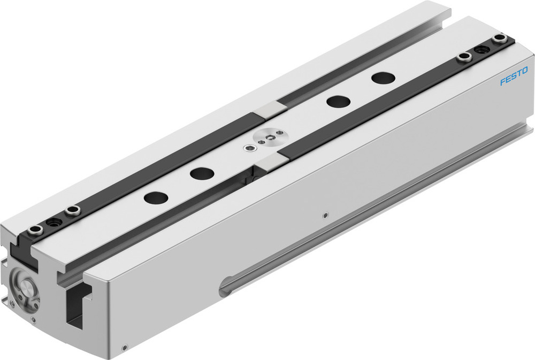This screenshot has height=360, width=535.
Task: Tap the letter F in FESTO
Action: coord(502,83)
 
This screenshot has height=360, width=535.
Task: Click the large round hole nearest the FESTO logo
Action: coord(383,78)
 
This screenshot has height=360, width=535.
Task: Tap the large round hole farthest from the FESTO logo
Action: coord(156,197)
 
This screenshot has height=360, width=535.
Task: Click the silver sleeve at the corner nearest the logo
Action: coord(500,39)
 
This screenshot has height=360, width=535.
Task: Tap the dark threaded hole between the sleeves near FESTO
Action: coord(481,48)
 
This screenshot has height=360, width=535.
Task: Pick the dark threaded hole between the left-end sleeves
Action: coord(53,221)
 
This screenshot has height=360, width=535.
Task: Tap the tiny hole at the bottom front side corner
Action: coord(125,347)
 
